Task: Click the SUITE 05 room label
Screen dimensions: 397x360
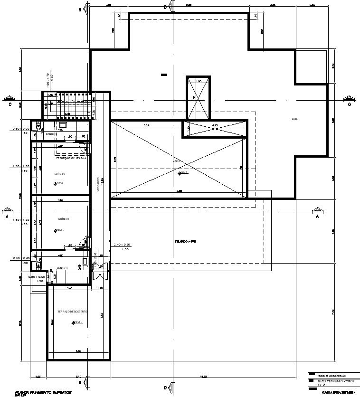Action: pos(60,174)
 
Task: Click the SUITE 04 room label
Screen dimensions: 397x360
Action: pos(64,219)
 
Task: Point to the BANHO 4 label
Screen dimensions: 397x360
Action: pos(63,268)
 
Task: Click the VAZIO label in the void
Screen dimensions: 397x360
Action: pos(176,161)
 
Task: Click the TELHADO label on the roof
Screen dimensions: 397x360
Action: pos(186,241)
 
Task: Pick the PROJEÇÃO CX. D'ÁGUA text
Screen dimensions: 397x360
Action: pos(70,158)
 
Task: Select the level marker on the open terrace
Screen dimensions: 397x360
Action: pos(75,322)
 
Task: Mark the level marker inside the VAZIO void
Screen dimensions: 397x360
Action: pos(180,173)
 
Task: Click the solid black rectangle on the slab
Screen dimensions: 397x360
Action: pos(164,74)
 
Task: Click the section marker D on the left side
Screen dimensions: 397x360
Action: pos(9,99)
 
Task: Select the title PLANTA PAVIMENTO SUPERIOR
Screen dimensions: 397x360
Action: pos(42,392)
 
